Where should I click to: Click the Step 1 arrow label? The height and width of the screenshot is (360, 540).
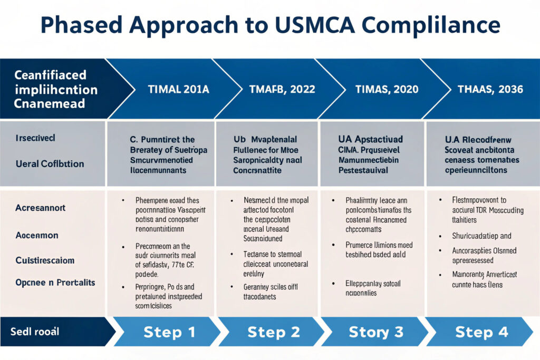tap(169, 332)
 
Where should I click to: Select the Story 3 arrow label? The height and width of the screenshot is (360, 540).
tap(376, 332)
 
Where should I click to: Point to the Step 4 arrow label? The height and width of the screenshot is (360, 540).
tap(480, 332)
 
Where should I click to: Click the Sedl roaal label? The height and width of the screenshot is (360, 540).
tap(35, 332)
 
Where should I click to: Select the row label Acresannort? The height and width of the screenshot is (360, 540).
tap(40, 208)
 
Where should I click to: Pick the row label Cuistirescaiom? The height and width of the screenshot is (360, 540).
tap(44, 260)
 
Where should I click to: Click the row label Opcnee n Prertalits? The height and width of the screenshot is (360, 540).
tap(55, 283)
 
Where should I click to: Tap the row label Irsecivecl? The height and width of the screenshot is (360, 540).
tap(35, 138)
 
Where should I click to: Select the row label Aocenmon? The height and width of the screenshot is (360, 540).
tap(36, 236)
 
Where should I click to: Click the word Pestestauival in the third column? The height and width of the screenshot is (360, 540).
tap(363, 170)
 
